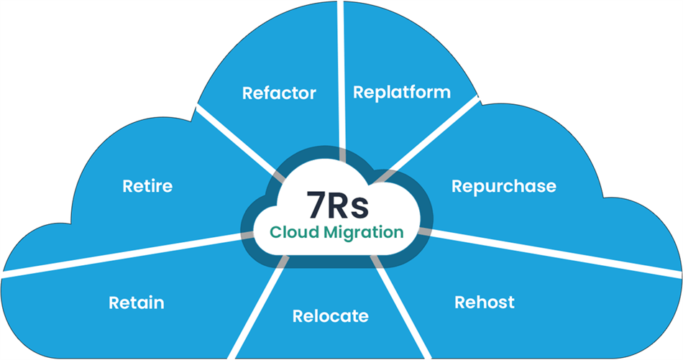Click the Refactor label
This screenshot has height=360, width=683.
(x=279, y=93)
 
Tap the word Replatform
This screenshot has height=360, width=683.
(x=402, y=92)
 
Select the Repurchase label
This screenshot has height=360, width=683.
(x=503, y=186)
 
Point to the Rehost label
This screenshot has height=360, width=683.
(x=485, y=302)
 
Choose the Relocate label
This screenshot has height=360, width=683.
(x=330, y=316)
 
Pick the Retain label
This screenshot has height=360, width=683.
(x=137, y=303)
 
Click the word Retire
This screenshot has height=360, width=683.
(x=147, y=187)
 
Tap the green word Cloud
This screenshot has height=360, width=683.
(x=293, y=233)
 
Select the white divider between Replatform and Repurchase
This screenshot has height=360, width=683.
(x=439, y=133)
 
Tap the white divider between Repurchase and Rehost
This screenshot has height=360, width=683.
(x=554, y=251)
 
